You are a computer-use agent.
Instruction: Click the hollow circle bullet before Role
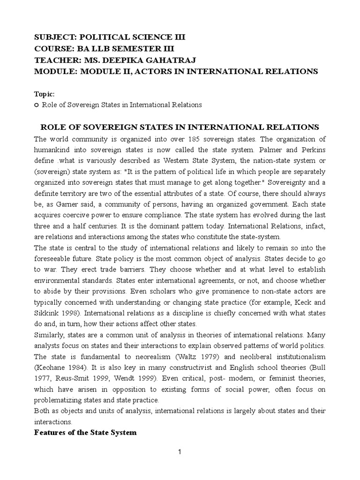[37, 105]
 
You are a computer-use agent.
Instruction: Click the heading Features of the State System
[86, 433]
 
